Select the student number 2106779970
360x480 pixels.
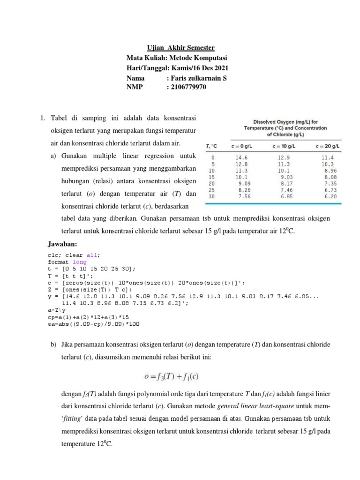point(187,87)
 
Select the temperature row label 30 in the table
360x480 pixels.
point(213,197)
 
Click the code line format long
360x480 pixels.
point(67,262)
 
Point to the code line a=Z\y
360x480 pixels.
point(57,310)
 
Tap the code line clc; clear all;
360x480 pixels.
point(74,255)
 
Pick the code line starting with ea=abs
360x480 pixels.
point(93,323)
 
